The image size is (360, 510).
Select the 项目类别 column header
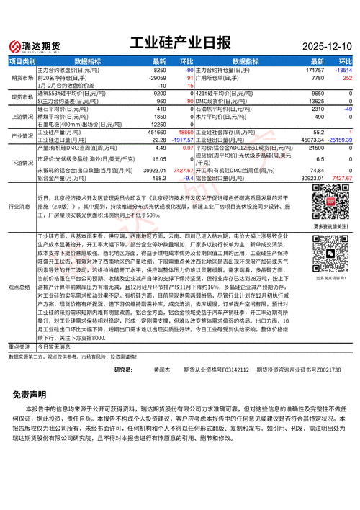(x=21, y=62)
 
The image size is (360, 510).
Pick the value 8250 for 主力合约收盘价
(x=160, y=70)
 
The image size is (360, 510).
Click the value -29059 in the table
(x=157, y=77)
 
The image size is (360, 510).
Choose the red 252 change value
(x=346, y=77)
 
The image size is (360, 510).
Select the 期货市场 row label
(x=21, y=77)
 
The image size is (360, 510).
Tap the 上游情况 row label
(x=21, y=115)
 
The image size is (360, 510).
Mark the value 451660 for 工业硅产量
(x=156, y=133)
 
